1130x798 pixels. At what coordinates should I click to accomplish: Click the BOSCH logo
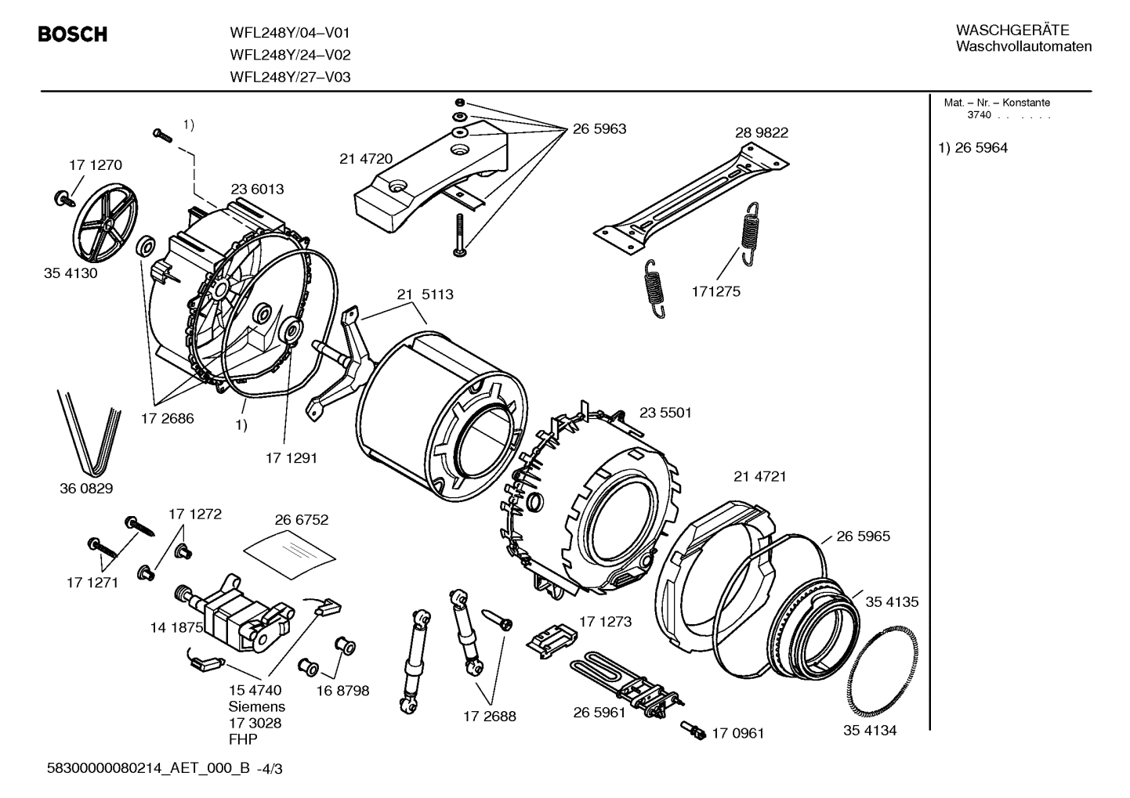point(72,34)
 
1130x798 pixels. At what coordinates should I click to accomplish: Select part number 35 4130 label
point(71,273)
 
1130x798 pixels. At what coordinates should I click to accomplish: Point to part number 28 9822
point(761,132)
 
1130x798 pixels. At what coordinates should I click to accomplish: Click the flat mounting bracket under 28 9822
point(690,196)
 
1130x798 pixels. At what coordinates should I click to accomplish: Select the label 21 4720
point(365,158)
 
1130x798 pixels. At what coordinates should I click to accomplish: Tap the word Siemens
point(256,706)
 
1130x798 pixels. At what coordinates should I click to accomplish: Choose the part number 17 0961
point(737,733)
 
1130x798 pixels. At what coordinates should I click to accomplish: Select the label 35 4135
point(892,601)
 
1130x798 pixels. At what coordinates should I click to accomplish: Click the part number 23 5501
point(665,412)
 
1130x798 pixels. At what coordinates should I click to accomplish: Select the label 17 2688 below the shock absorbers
point(489,716)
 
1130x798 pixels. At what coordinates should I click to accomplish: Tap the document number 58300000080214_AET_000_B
point(149,769)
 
